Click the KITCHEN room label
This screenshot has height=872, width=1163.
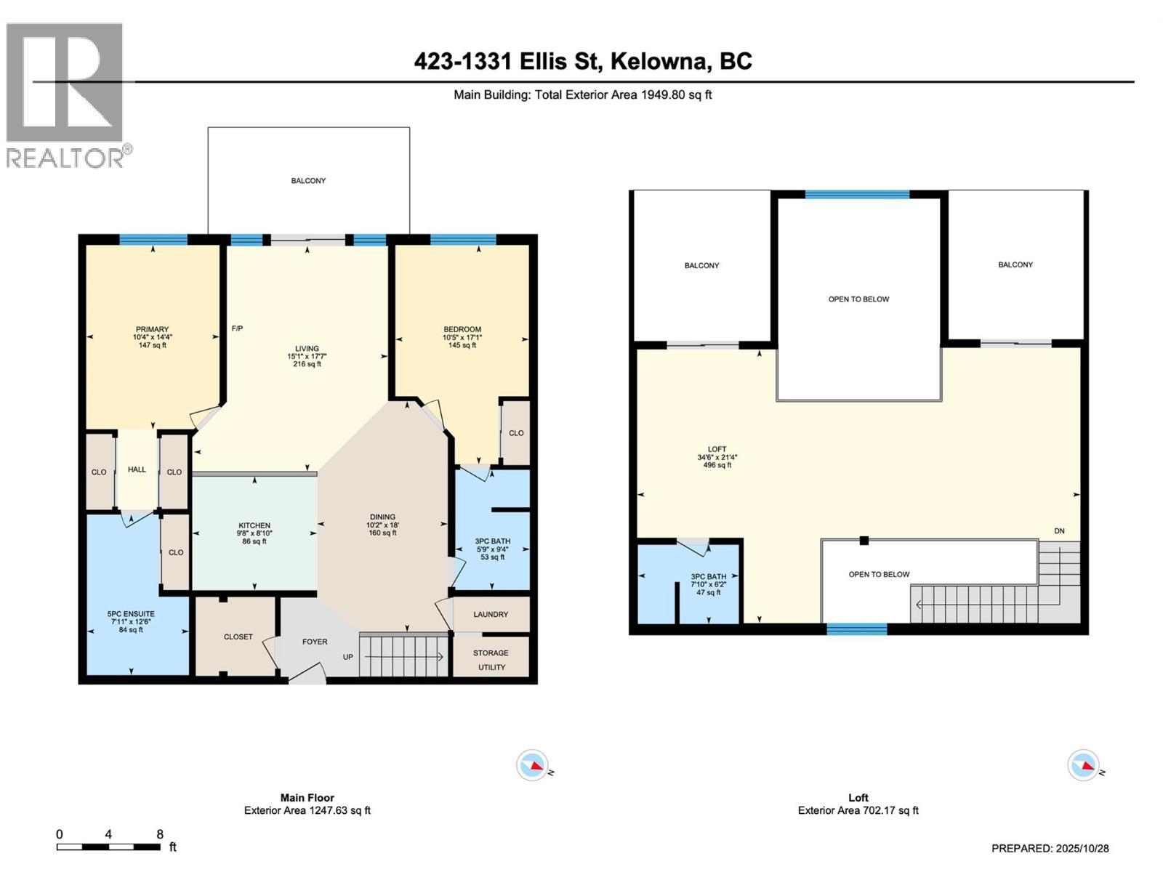point(254,525)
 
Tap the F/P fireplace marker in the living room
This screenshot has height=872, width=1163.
point(238,328)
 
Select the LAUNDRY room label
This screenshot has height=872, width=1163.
point(491,614)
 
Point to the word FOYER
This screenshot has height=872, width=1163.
point(315,641)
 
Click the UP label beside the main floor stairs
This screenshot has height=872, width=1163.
point(347,656)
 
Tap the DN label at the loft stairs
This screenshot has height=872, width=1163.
point(1059,530)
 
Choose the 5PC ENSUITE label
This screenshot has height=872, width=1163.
point(131,613)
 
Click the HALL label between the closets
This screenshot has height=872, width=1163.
point(137,469)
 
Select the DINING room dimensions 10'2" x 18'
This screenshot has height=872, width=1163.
point(382,525)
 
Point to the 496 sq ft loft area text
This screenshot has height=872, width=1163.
point(717,465)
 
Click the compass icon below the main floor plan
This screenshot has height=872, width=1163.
point(532,765)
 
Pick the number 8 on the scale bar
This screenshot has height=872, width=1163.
point(160,834)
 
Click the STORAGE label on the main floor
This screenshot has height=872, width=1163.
point(491,653)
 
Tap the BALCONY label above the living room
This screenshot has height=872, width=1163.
point(308,180)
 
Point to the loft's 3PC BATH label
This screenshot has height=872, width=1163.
point(709,576)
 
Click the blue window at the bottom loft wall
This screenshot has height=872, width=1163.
point(857,629)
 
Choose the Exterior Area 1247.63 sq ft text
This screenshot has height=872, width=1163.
point(307,810)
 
